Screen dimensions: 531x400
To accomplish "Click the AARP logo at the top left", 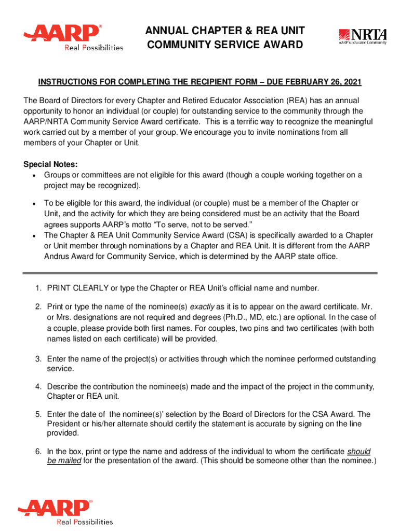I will click(73, 37).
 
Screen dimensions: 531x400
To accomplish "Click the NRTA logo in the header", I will click(363, 37).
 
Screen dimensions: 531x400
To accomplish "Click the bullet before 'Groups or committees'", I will click(33, 175).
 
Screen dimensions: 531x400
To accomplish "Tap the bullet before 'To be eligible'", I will click(33, 203).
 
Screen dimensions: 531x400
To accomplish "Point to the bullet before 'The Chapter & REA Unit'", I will click(33, 236).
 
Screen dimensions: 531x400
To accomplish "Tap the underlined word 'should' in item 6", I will click(359, 452).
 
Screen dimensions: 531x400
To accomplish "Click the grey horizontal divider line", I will click(199, 272).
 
